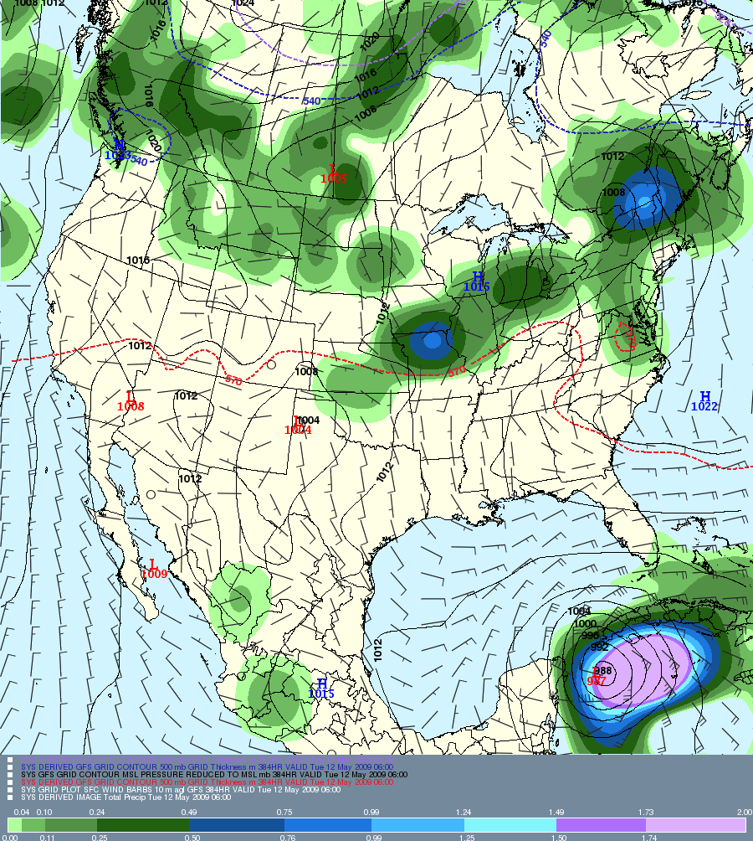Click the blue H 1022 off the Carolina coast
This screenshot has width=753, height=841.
click(704, 401)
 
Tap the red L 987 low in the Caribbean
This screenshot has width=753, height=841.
click(597, 676)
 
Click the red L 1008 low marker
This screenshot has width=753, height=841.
click(131, 401)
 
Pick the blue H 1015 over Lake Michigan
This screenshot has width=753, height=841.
click(477, 281)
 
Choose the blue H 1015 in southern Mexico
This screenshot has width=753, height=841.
click(321, 689)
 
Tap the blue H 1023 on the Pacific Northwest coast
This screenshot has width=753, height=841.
click(118, 149)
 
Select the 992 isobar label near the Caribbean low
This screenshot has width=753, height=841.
click(600, 647)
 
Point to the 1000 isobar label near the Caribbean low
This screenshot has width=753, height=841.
click(585, 624)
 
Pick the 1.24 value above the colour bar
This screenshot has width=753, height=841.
click(464, 813)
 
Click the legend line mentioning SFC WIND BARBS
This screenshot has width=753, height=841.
click(181, 790)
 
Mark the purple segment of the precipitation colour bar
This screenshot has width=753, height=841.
click(602, 825)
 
